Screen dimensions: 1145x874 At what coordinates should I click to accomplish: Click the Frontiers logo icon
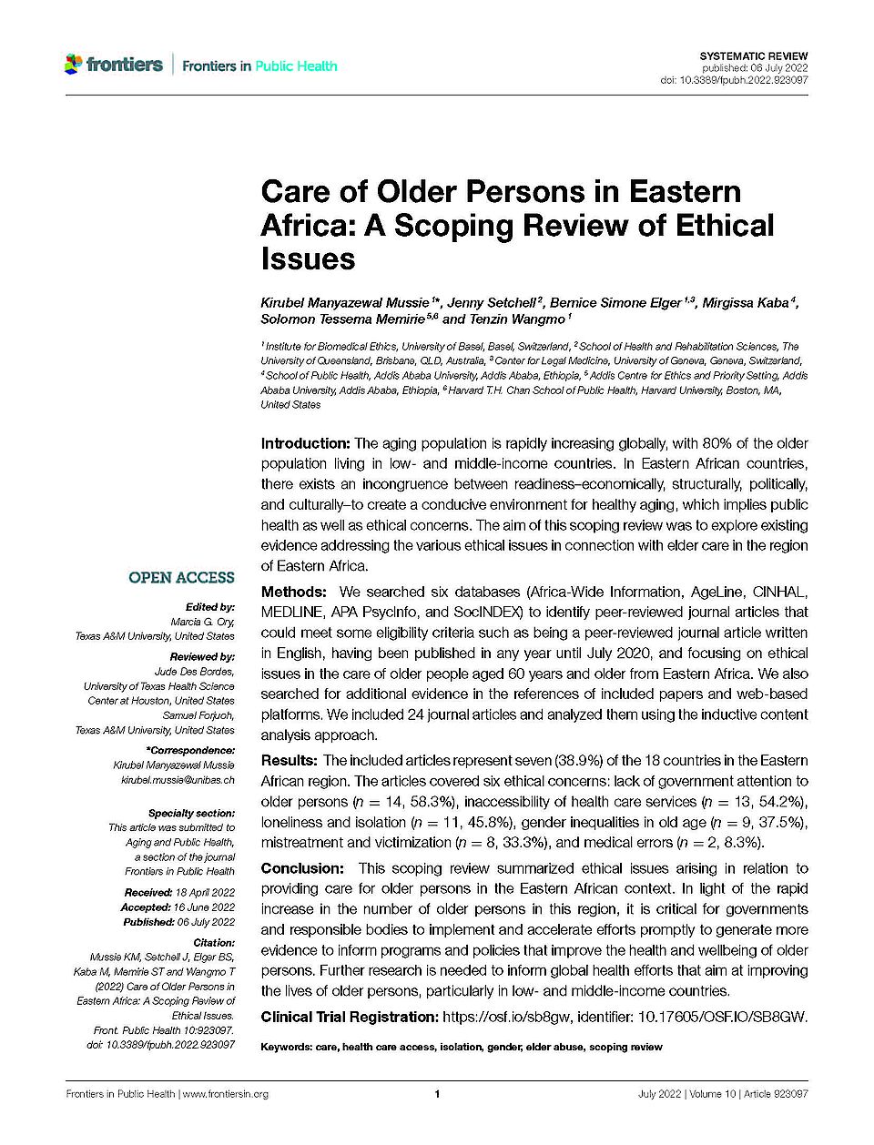tap(73, 65)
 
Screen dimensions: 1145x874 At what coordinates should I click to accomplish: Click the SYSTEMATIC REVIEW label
tap(754, 56)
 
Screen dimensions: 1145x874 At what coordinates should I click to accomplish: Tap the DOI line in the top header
tap(734, 80)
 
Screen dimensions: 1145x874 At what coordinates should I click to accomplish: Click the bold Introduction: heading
tap(306, 443)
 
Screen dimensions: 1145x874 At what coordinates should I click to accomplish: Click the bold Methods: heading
tap(293, 592)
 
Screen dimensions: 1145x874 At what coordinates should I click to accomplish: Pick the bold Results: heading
tap(290, 760)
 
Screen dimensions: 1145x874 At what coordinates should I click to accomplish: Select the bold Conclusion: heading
tap(302, 868)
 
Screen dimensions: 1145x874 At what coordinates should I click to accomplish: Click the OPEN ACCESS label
tap(181, 577)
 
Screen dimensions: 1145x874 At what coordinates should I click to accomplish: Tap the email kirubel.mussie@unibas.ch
tap(178, 780)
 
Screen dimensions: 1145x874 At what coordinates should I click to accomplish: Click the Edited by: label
tap(209, 606)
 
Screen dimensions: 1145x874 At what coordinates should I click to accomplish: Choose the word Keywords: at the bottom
tap(286, 1047)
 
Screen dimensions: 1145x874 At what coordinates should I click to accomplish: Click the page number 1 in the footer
tap(437, 1094)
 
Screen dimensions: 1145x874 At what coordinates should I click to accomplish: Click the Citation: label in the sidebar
tap(214, 943)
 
